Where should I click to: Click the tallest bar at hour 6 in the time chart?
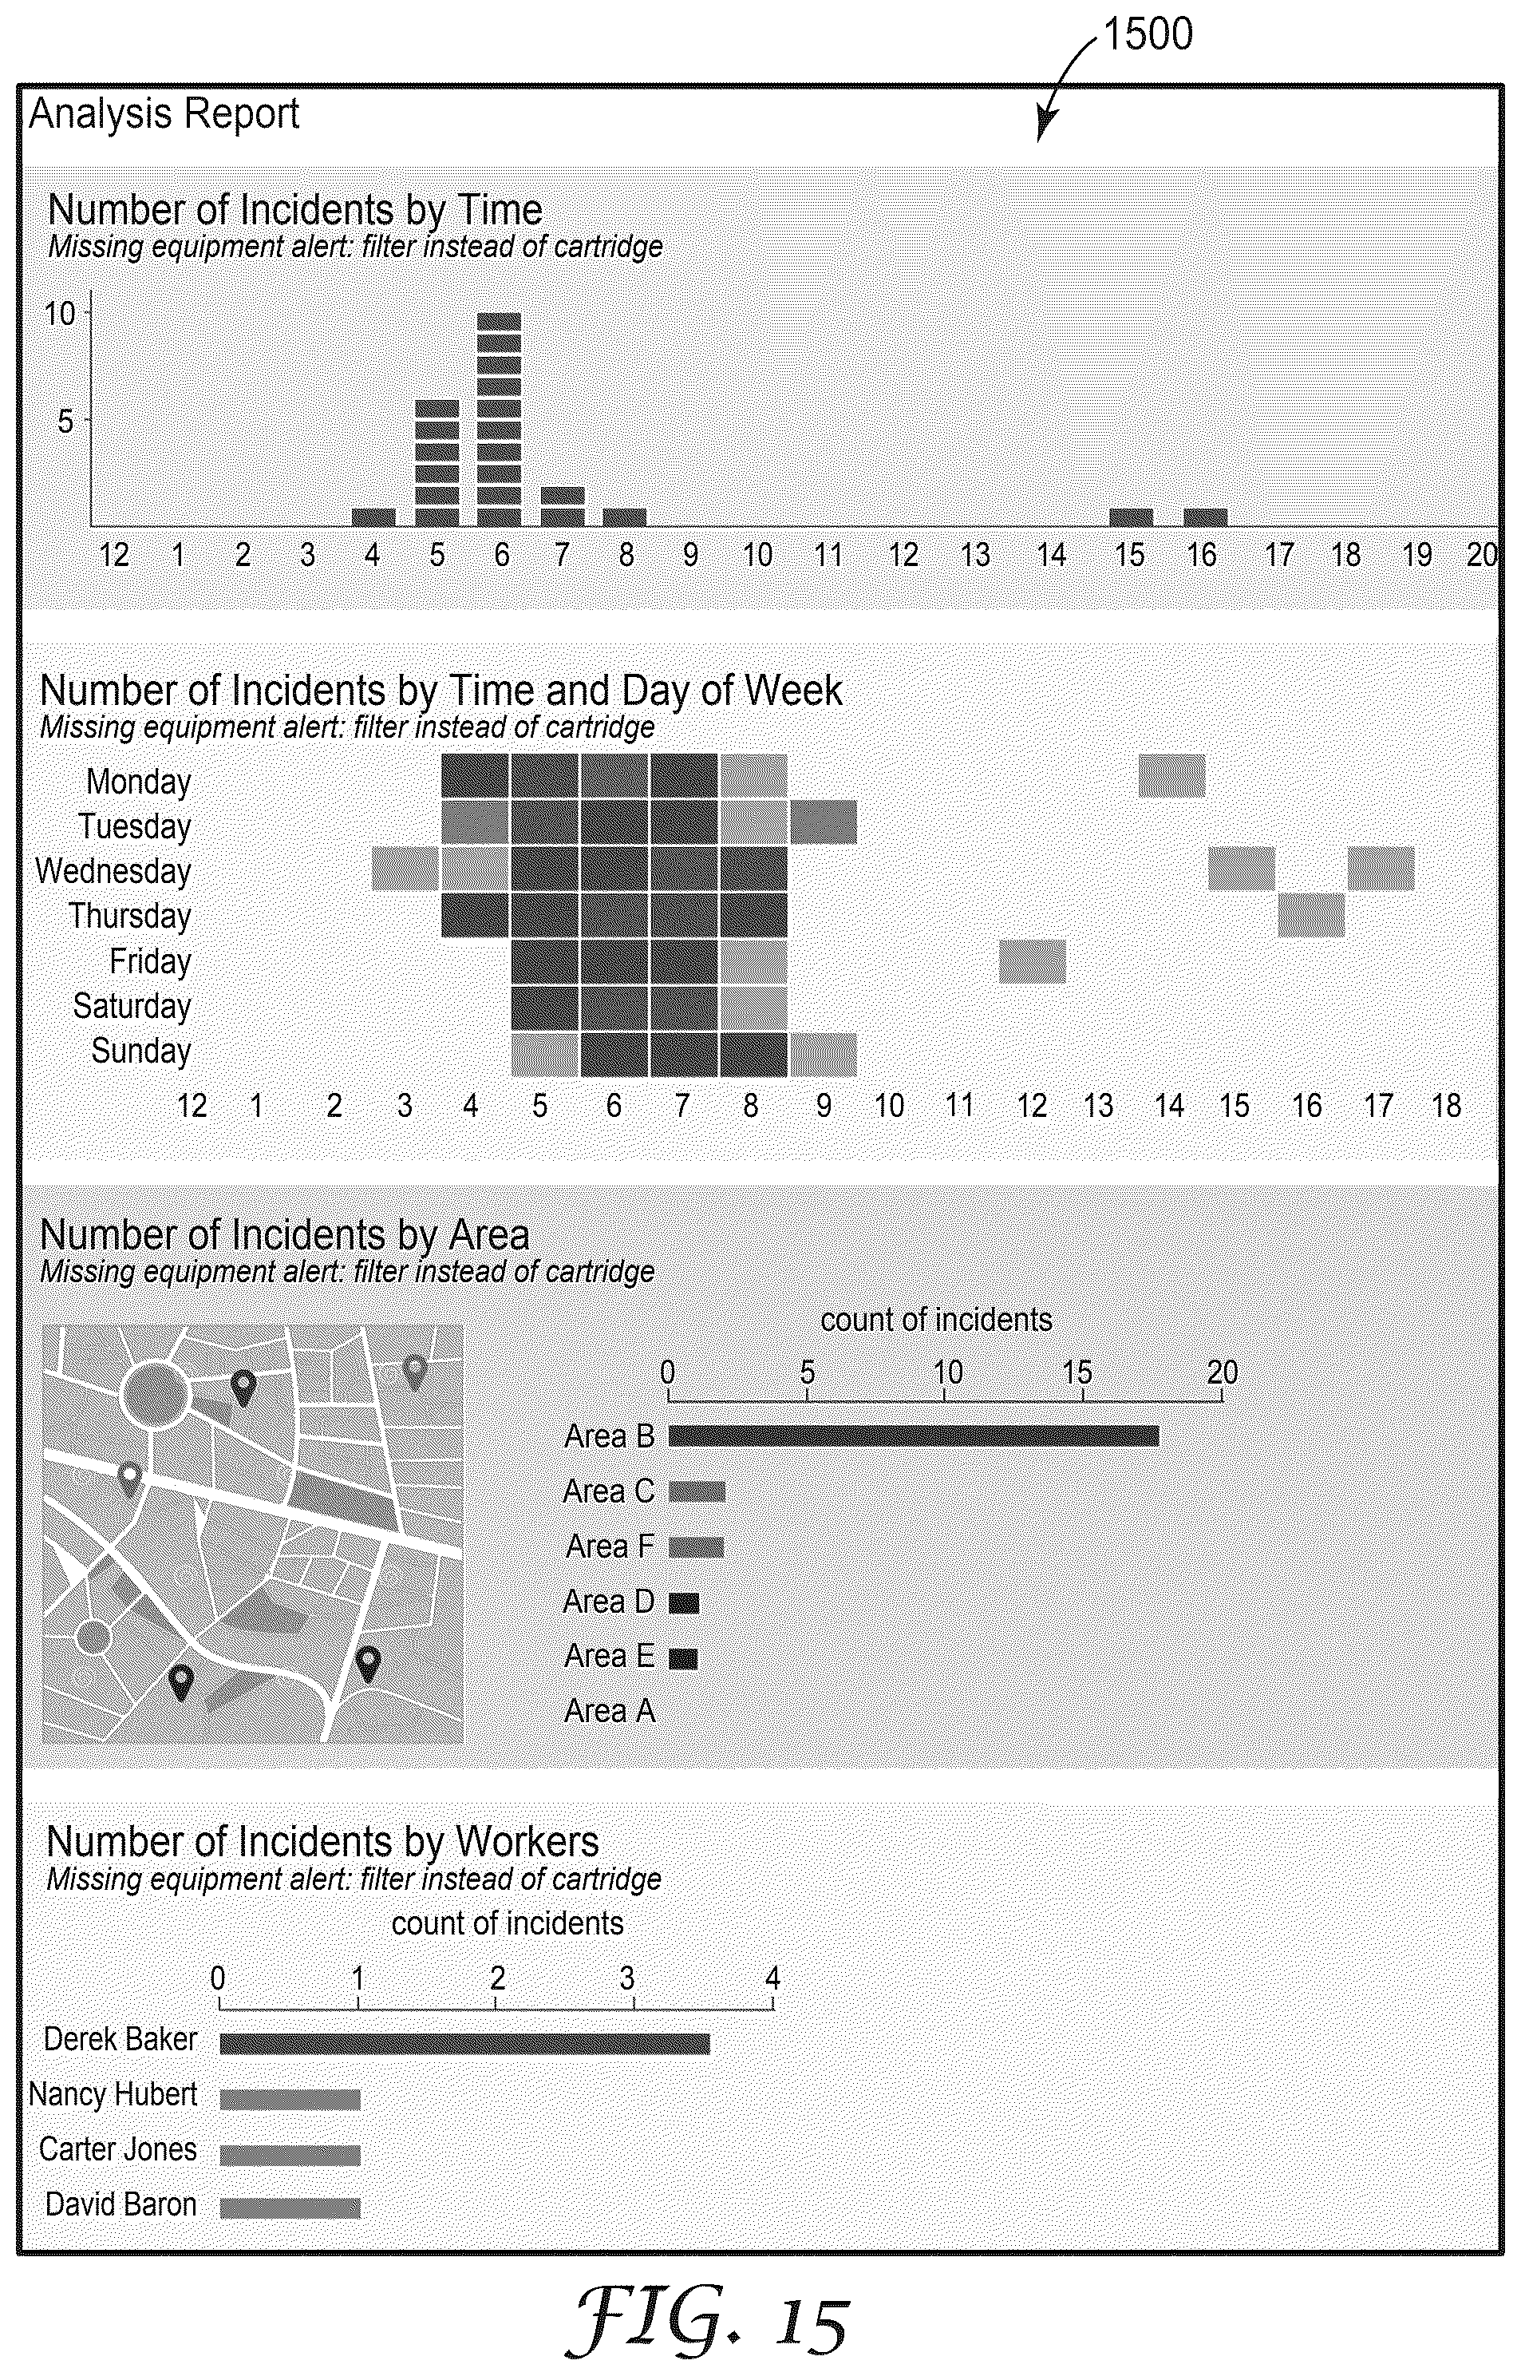pos(499,419)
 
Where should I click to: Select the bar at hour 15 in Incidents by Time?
pos(1131,517)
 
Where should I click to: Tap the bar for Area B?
pos(914,1435)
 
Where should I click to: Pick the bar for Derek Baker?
pos(464,2043)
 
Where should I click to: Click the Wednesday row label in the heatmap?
pos(113,871)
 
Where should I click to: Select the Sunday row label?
pos(141,1051)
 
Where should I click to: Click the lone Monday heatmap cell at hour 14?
pos(1172,775)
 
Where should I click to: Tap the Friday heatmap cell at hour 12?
pos(1032,961)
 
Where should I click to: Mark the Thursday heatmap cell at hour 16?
pos(1310,915)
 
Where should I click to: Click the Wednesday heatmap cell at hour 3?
pos(405,869)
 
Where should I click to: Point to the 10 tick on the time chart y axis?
pos(60,315)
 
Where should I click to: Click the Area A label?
pos(610,1711)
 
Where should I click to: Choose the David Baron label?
pos(120,2204)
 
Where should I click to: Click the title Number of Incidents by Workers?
pos(323,1843)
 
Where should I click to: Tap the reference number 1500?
pos(1148,34)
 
